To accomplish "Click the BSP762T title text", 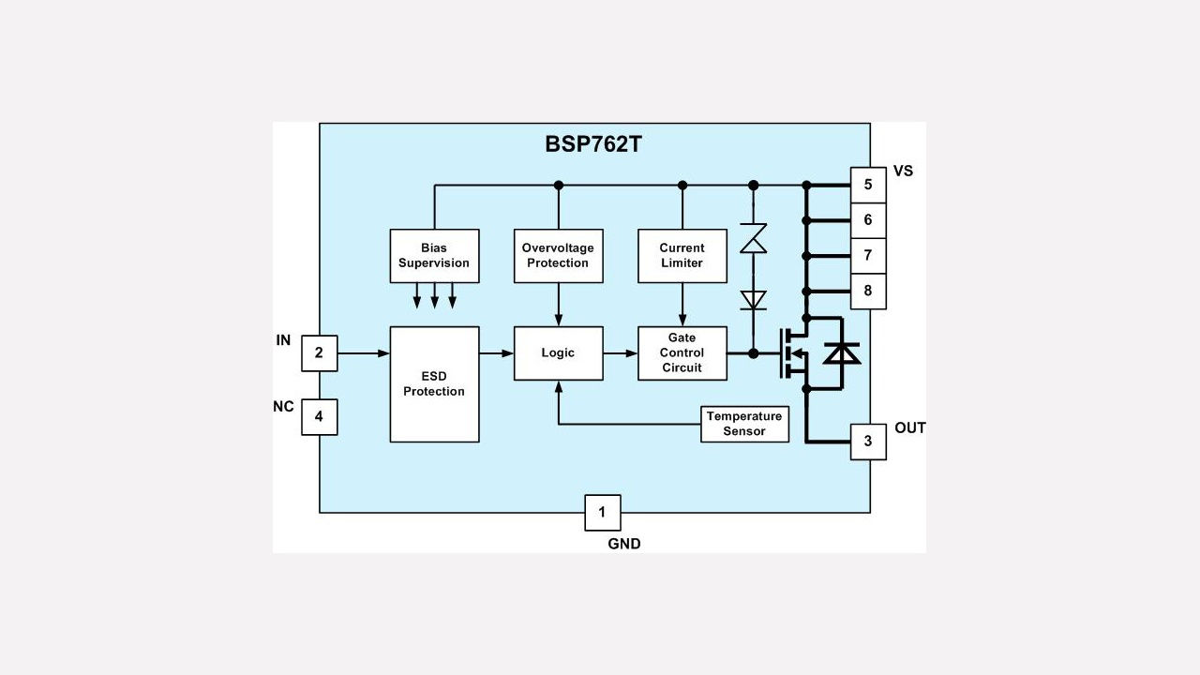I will pos(592,144).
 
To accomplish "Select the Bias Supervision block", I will pos(434,256).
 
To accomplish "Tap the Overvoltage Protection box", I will pos(558,256).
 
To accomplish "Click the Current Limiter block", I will pos(682,256).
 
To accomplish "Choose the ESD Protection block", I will pos(434,383).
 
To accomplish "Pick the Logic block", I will pos(558,353).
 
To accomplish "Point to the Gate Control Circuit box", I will pos(682,353).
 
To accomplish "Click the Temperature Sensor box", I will pos(744,424).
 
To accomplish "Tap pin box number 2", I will pos(319,353).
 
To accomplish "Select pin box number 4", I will pos(319,417).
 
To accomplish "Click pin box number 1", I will pos(602,512).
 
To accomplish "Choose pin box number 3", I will pos(868,442).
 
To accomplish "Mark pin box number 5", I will pos(868,185).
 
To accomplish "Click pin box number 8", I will pos(868,292).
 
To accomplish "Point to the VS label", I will pos(903,171).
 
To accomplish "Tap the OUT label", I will pos(909,428).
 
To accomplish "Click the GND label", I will pos(624,544).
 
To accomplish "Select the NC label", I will pos(283,407).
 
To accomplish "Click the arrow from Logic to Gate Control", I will pos(620,353).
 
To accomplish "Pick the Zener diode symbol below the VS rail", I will pos(753,238).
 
